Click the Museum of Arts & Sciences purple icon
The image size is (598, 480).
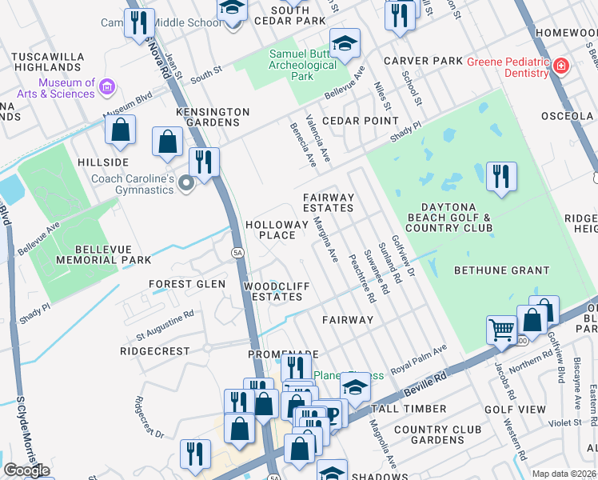click(109, 85)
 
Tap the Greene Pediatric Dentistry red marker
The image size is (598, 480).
click(561, 66)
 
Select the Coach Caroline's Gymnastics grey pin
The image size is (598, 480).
click(187, 185)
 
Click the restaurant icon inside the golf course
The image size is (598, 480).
click(501, 176)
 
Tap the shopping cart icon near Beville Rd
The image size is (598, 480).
click(501, 328)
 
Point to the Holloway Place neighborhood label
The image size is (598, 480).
click(276, 231)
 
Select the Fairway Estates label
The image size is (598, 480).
click(328, 202)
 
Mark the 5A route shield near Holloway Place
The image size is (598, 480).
click(237, 253)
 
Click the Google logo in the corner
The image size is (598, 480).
click(26, 470)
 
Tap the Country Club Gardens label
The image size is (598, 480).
click(439, 434)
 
